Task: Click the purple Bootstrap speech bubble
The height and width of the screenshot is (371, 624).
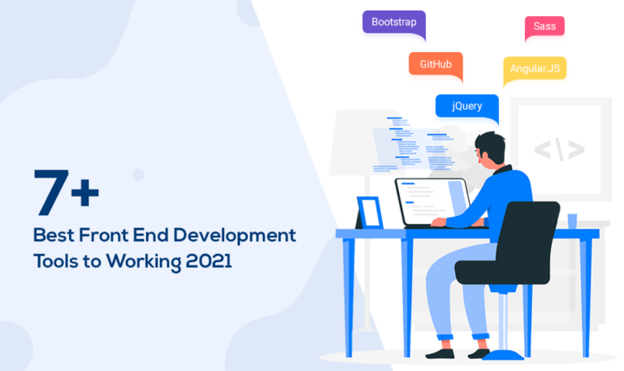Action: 394,22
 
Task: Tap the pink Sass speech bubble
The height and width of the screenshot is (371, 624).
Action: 544,27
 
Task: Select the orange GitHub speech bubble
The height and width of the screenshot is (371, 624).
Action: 435,64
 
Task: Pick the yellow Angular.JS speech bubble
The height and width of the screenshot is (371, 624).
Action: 535,68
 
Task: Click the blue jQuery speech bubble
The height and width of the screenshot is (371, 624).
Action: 466,106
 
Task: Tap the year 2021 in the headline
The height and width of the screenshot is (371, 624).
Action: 209,262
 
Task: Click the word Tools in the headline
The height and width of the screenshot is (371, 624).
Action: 54,262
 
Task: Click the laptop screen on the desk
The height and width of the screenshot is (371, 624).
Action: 431,201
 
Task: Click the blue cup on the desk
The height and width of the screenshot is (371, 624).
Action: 572,221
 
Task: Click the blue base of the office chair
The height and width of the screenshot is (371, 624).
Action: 503,353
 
